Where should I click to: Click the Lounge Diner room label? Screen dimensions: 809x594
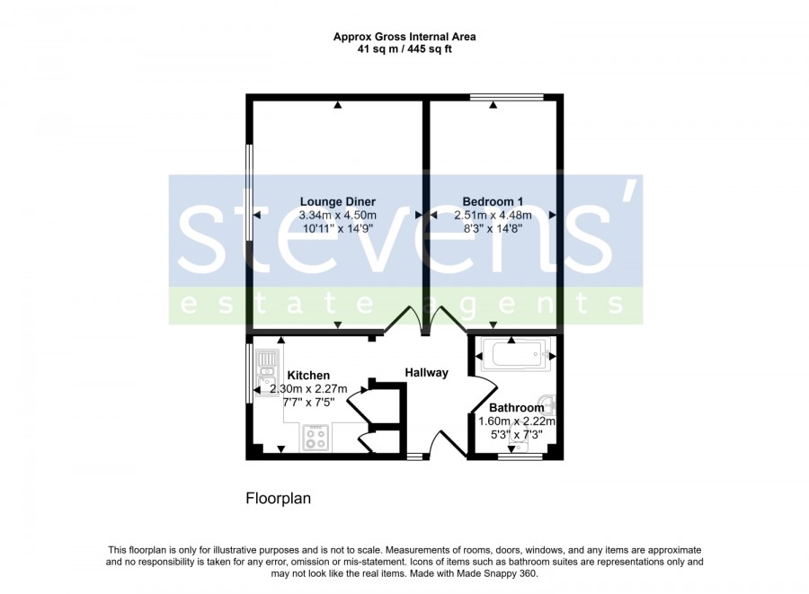tap(338, 201)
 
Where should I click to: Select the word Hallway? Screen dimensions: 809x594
tap(427, 372)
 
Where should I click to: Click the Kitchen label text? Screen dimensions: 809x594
tap(308, 376)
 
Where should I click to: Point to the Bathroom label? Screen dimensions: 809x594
tap(517, 407)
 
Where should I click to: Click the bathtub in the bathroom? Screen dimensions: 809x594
tap(516, 355)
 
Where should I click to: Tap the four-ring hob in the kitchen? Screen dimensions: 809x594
tap(316, 438)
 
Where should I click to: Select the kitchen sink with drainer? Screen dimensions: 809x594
tap(267, 373)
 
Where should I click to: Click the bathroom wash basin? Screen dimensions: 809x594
tap(547, 403)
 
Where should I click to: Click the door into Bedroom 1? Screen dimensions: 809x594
tap(448, 320)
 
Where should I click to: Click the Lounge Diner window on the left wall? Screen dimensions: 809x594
tap(249, 192)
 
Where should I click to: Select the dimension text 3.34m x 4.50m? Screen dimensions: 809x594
tap(338, 216)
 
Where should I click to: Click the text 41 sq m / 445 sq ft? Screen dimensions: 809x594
tap(404, 49)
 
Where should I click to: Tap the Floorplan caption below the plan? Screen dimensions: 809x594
tap(279, 499)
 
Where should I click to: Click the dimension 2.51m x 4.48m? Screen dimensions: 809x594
tap(493, 216)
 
